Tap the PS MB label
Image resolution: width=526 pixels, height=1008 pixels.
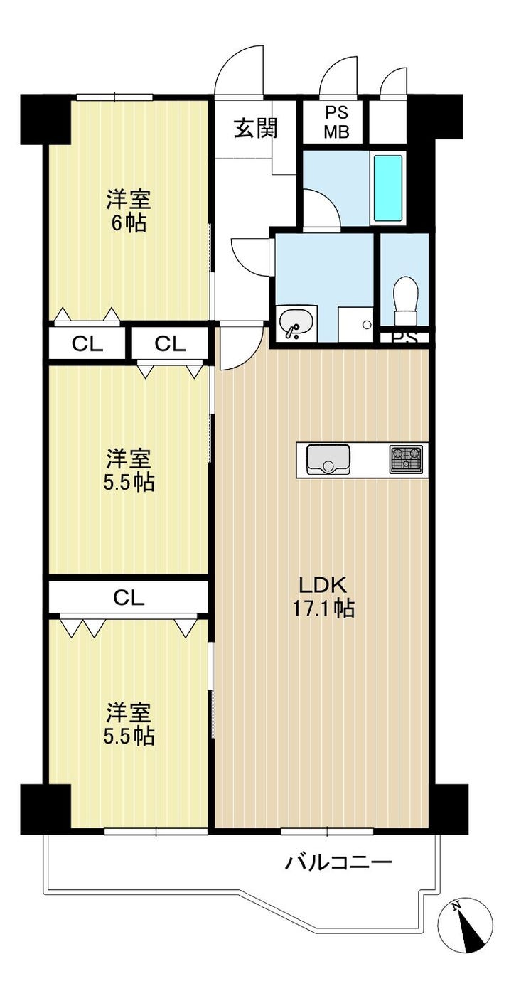point(336,122)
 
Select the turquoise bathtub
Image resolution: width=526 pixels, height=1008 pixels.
point(387,188)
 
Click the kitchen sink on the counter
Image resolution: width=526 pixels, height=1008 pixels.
point(328,459)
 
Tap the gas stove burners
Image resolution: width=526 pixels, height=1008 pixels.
point(406,459)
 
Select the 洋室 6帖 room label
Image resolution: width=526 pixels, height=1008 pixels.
point(129,211)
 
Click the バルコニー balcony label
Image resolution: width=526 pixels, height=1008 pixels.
point(339,862)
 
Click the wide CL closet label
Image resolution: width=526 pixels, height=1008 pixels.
point(128,598)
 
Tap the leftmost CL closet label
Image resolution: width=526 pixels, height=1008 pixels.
point(87,344)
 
